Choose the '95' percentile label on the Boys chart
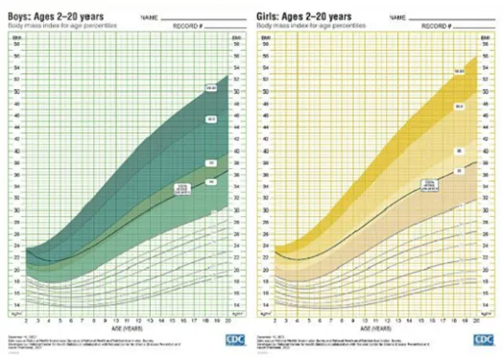tap(210, 163)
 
